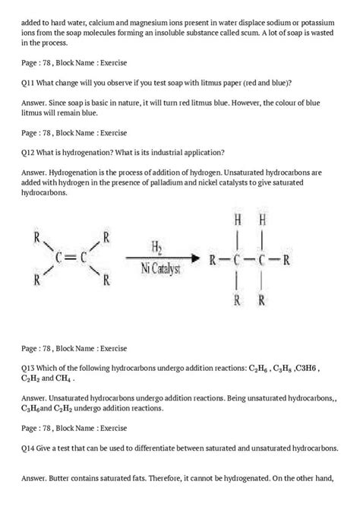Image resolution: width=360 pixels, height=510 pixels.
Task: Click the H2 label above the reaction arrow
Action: [156, 249]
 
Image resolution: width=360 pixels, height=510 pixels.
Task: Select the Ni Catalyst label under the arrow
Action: [157, 267]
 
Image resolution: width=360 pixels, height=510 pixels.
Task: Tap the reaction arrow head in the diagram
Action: [194, 258]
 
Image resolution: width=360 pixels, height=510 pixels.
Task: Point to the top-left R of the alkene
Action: [36, 237]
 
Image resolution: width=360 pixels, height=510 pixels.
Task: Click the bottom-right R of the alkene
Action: [106, 280]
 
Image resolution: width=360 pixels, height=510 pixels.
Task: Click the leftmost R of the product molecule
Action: [213, 259]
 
